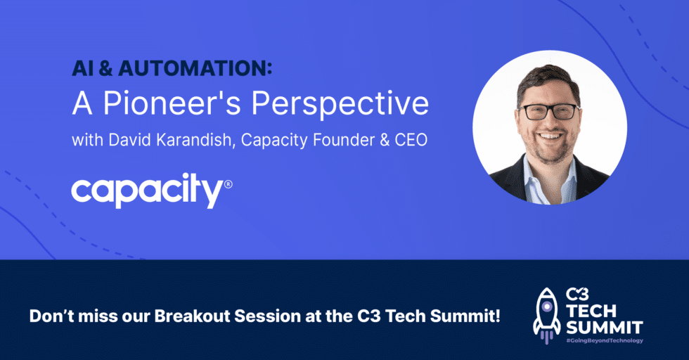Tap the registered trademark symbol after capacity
tap(228, 185)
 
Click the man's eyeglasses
tap(548, 112)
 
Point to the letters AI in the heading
tap(82, 69)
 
